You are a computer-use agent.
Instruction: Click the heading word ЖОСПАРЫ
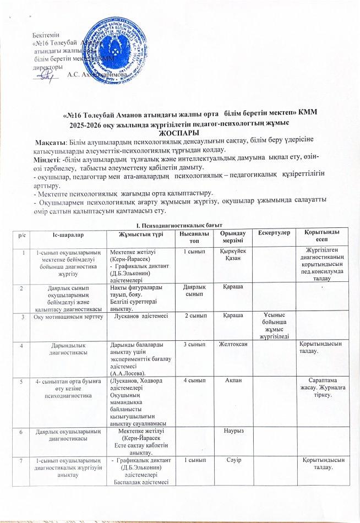179,133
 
